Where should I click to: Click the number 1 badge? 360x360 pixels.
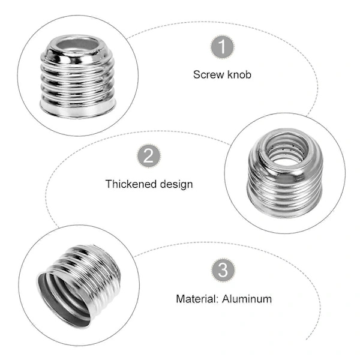tap(223, 47)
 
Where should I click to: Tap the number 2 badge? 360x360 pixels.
tap(149, 156)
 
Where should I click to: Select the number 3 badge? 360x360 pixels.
tap(223, 270)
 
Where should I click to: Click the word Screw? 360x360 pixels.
tap(208, 74)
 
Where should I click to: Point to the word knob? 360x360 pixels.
tap(239, 74)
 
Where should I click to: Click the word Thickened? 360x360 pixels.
tap(131, 184)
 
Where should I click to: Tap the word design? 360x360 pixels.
tap(176, 185)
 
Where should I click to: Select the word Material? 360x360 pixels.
tap(196, 299)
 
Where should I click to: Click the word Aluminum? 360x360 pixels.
tap(247, 299)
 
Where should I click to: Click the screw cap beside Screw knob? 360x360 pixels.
tap(78, 76)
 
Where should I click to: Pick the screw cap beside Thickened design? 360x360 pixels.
tap(285, 173)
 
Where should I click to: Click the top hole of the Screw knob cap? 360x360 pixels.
tap(78, 44)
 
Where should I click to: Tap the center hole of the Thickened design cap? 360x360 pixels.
tap(287, 151)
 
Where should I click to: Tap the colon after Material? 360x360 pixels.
tap(217, 300)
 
